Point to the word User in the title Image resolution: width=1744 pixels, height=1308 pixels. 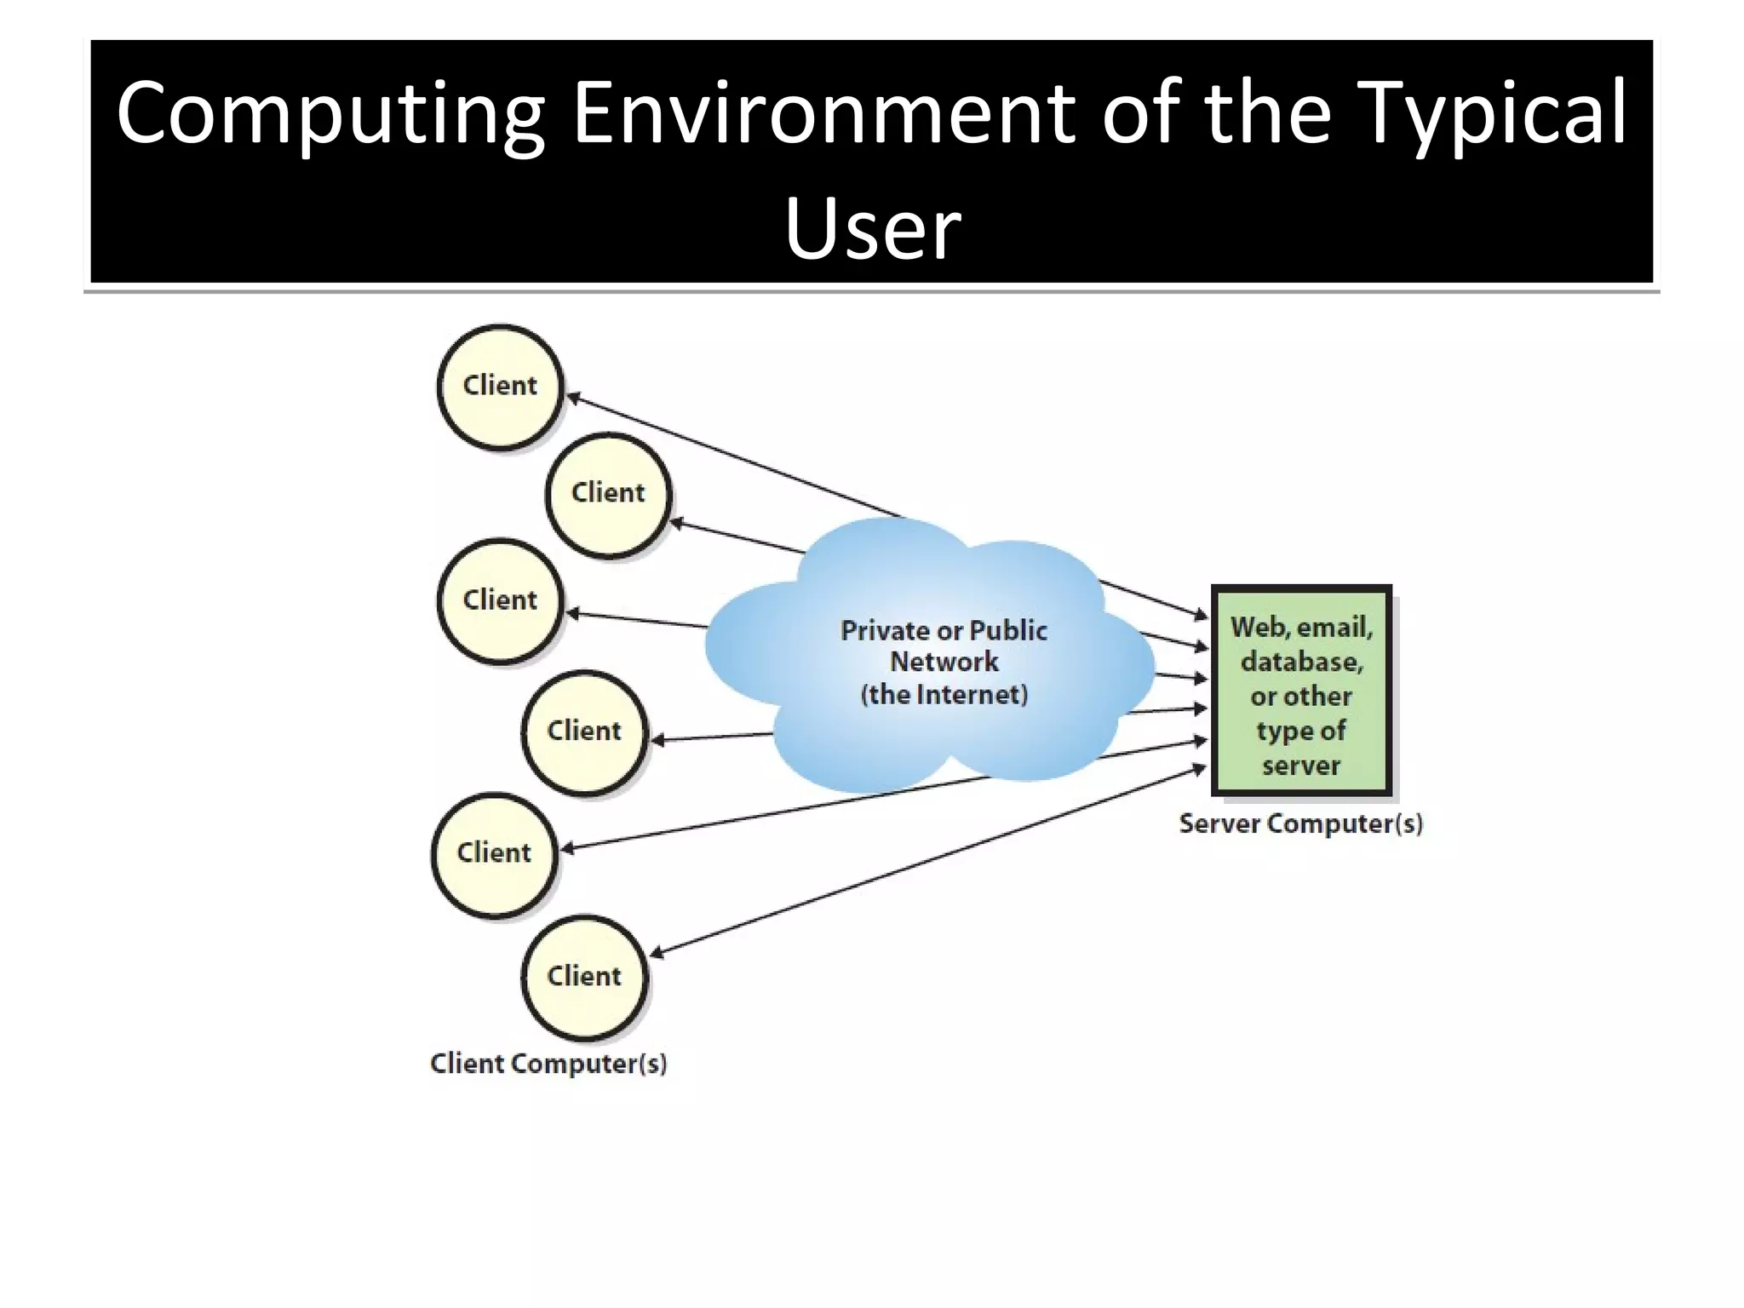click(x=872, y=228)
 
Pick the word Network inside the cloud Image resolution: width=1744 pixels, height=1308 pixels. click(x=944, y=662)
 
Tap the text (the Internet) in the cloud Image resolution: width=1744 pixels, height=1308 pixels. click(x=944, y=694)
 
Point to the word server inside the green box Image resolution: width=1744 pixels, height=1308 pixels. click(x=1301, y=765)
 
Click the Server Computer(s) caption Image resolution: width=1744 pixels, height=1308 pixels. click(x=1300, y=823)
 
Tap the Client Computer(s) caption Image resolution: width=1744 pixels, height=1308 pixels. click(x=548, y=1064)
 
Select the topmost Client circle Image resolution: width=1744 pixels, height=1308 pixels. click(x=500, y=386)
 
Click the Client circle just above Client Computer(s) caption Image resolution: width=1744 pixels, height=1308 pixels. click(x=584, y=976)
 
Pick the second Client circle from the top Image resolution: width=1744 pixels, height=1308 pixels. click(x=608, y=493)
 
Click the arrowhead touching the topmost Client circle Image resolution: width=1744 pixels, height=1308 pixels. click(x=573, y=397)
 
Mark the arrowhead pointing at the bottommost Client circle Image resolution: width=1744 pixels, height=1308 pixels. click(x=657, y=954)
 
